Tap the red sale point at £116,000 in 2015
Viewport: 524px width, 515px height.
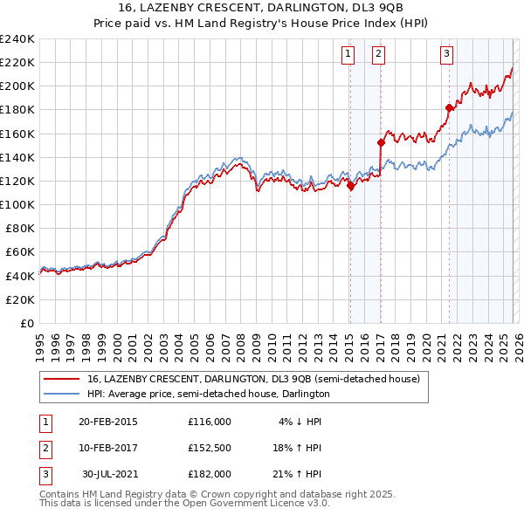coord(350,186)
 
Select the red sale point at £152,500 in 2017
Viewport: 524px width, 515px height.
coord(381,142)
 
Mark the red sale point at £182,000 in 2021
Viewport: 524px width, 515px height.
coord(450,107)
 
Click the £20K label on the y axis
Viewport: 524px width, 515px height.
coord(20,299)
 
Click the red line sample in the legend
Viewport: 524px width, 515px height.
coord(63,379)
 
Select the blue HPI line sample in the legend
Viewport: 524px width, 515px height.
coord(63,394)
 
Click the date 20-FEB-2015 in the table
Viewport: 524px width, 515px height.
coord(107,422)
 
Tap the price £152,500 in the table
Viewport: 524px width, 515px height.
coord(210,448)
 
